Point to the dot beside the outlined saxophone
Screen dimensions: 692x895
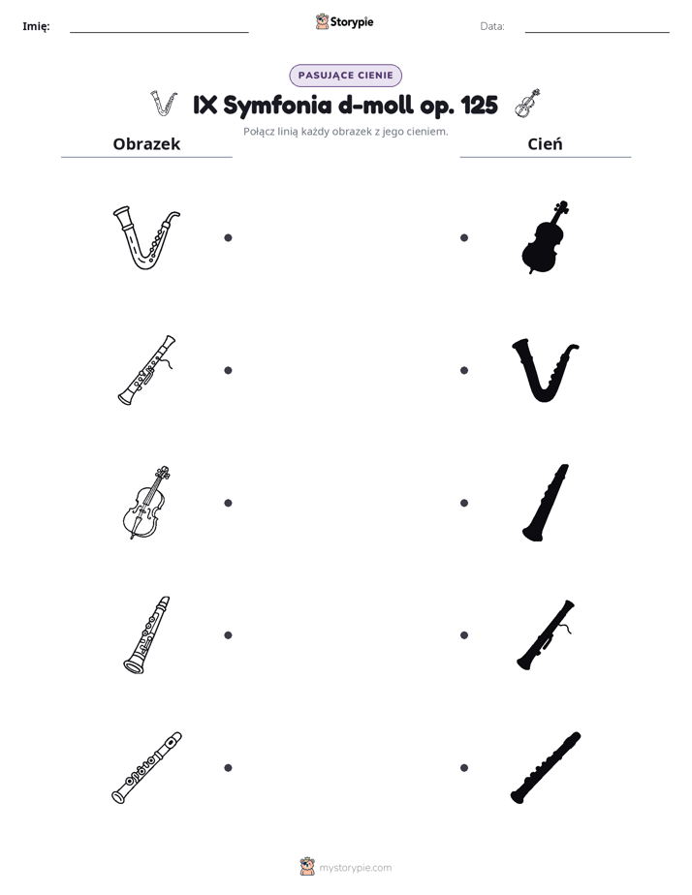[x=228, y=237]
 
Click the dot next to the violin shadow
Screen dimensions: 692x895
[x=464, y=237]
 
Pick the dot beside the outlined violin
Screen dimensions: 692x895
[x=228, y=503]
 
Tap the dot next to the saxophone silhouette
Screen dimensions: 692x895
[x=464, y=370]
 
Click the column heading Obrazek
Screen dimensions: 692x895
[x=146, y=143]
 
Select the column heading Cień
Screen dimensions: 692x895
[x=546, y=143]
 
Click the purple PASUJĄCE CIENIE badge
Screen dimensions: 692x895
[x=345, y=76]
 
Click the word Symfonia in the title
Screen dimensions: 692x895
[x=277, y=106]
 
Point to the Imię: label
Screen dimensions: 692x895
[x=36, y=26]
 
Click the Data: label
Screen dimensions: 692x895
[x=492, y=26]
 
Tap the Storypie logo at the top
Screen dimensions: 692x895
[x=344, y=21]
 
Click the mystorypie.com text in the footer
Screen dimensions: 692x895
[x=355, y=868]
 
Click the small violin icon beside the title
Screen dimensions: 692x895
[x=527, y=104]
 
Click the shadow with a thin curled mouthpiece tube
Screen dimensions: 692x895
[x=544, y=635]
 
